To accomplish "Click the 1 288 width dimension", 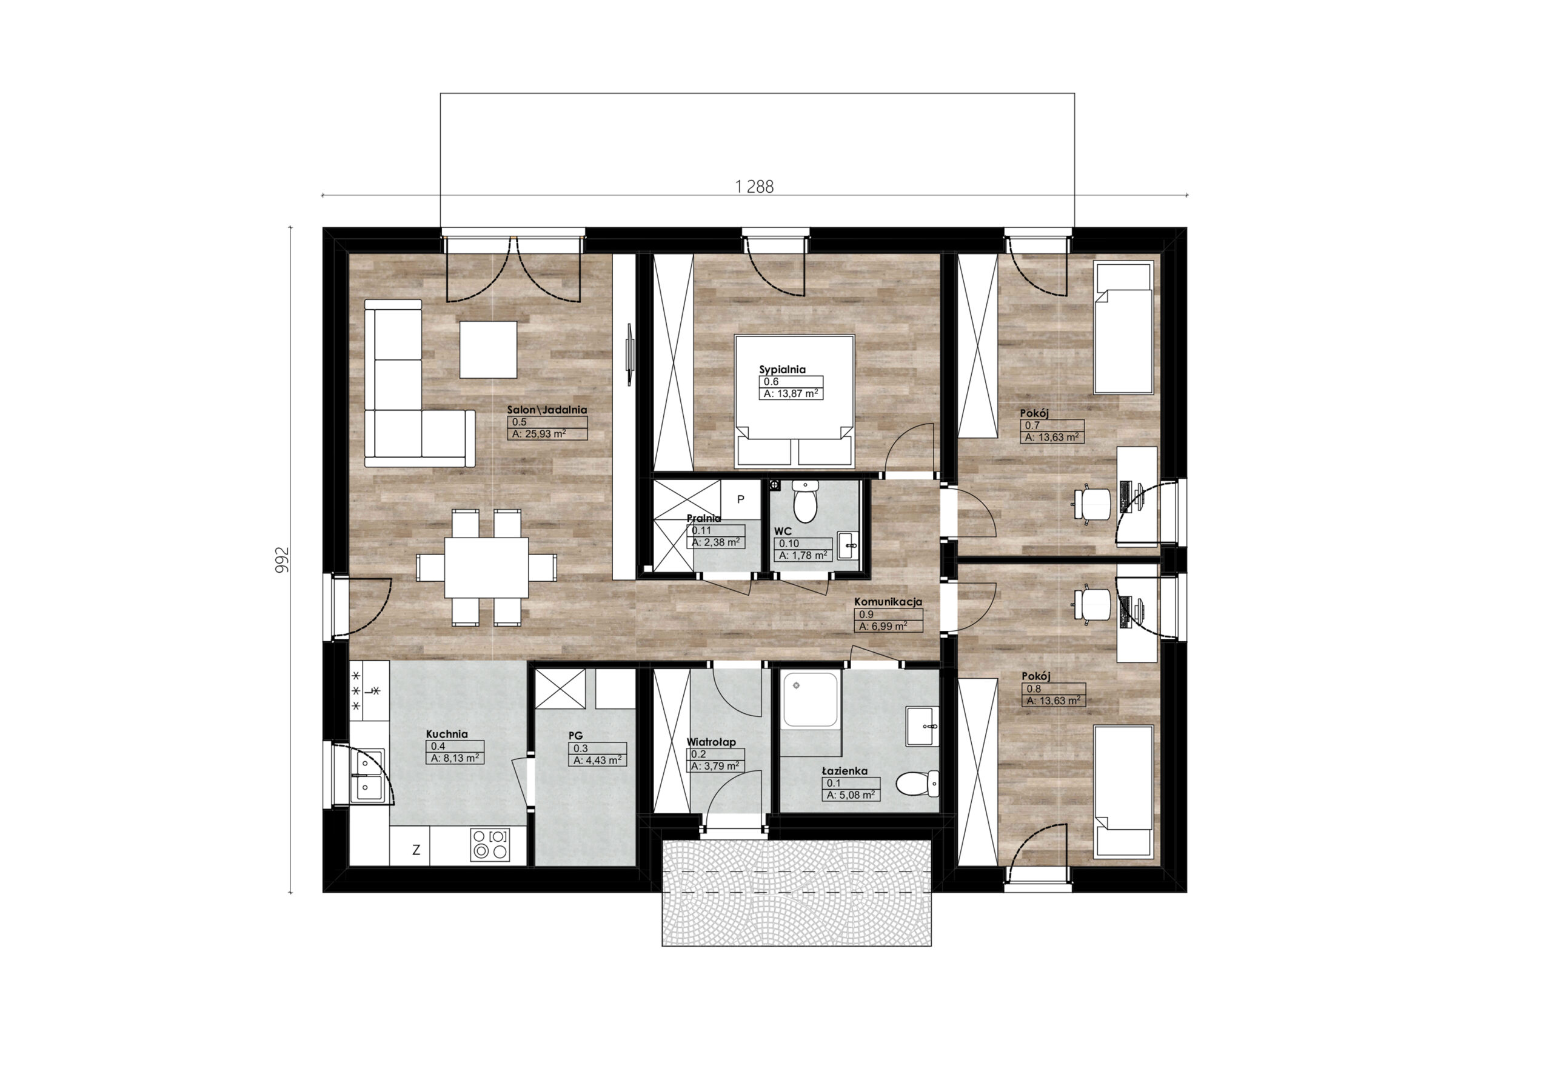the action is tap(754, 187).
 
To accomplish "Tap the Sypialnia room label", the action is tap(782, 370).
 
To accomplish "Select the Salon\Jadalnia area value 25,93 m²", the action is tap(539, 435).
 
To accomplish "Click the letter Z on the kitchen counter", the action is tap(416, 851).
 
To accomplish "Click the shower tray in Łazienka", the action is tap(811, 699).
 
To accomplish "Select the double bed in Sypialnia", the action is tap(794, 401).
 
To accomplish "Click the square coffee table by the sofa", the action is tap(488, 349).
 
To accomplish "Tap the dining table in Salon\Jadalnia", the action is tap(486, 567).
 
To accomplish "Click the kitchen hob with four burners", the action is tap(489, 844).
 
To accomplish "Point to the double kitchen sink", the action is tap(369, 775).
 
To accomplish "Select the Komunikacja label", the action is tap(888, 602).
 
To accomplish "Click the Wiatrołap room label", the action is tap(711, 742).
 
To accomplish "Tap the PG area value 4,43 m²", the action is tap(598, 760).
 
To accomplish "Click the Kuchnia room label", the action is tap(447, 735).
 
